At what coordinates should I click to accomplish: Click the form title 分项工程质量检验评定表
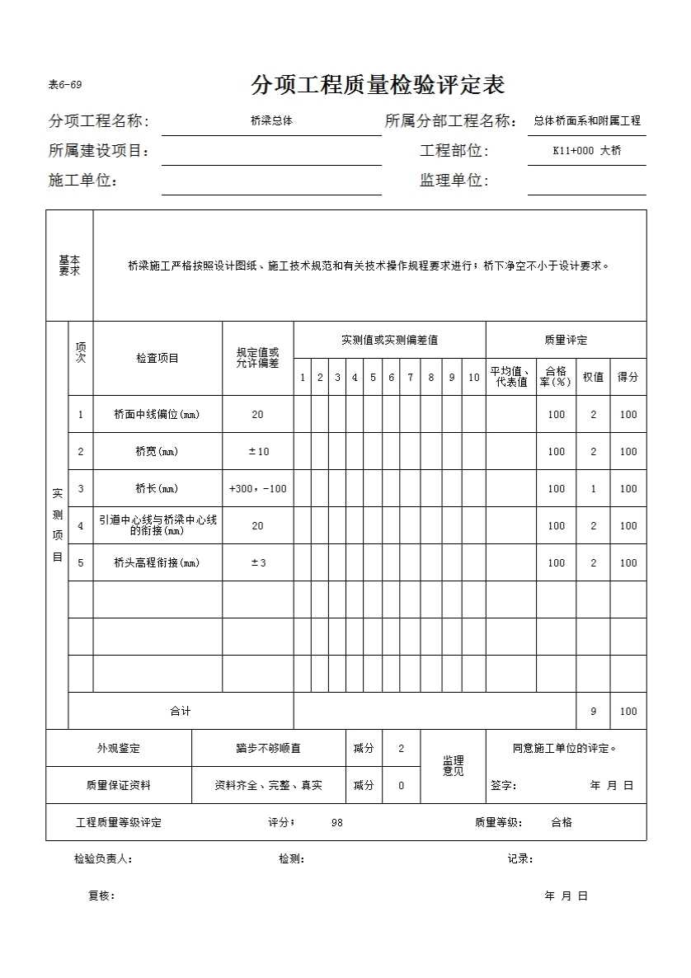378,85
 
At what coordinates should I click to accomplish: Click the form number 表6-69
65,85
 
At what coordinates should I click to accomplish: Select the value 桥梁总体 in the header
271,120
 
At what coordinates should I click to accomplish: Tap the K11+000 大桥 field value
586,151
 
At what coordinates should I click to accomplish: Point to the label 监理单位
454,181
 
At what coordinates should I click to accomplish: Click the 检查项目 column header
157,358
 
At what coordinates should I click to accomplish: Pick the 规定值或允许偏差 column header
257,358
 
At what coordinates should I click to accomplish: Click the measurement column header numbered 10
473,378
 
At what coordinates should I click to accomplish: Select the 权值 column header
593,377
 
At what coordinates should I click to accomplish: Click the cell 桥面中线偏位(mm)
157,415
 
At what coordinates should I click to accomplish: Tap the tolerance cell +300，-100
257,489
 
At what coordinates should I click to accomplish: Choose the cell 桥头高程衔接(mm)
157,563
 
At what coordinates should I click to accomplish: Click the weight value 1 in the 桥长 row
593,489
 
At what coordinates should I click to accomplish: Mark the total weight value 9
593,712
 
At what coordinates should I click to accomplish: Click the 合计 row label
180,712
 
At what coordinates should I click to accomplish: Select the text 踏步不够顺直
268,749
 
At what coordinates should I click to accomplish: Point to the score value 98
336,823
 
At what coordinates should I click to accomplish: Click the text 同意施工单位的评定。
565,749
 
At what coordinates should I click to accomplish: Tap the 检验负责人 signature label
103,859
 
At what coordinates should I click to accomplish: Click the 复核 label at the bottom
101,896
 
